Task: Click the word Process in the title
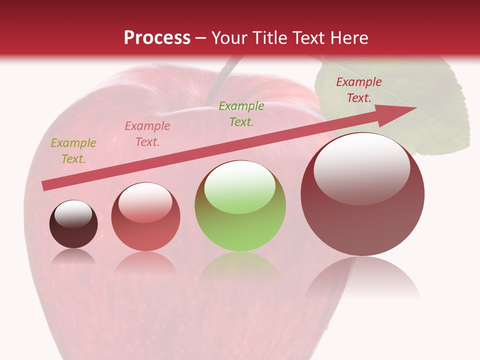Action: point(157,38)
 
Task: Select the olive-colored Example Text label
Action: point(73,151)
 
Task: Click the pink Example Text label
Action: point(147,134)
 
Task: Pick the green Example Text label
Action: point(241,114)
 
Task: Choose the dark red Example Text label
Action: point(359,90)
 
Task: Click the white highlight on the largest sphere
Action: point(361,168)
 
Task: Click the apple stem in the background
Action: point(220,80)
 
